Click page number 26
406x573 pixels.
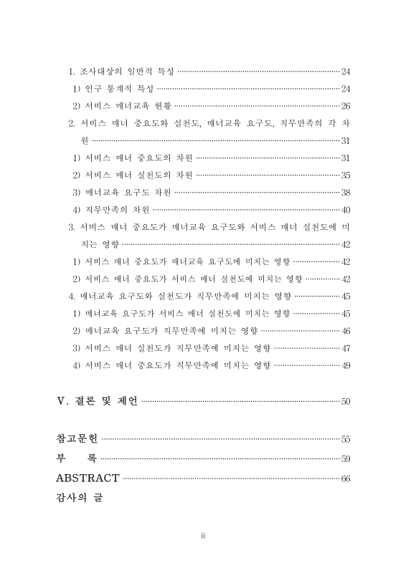tap(346, 106)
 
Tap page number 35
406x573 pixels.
tap(346, 175)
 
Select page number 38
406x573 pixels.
tap(346, 192)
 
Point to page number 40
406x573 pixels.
tap(346, 209)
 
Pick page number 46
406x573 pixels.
tap(346, 331)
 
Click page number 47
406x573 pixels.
tap(346, 348)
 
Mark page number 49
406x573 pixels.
tap(346, 365)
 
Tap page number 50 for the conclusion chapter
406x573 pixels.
tap(346, 401)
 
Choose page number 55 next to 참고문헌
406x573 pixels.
tap(346, 439)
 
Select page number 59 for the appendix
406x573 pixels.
tap(346, 459)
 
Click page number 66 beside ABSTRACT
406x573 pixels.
tap(346, 479)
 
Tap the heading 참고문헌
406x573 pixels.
tap(77, 438)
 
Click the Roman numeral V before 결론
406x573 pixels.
tap(61, 400)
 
